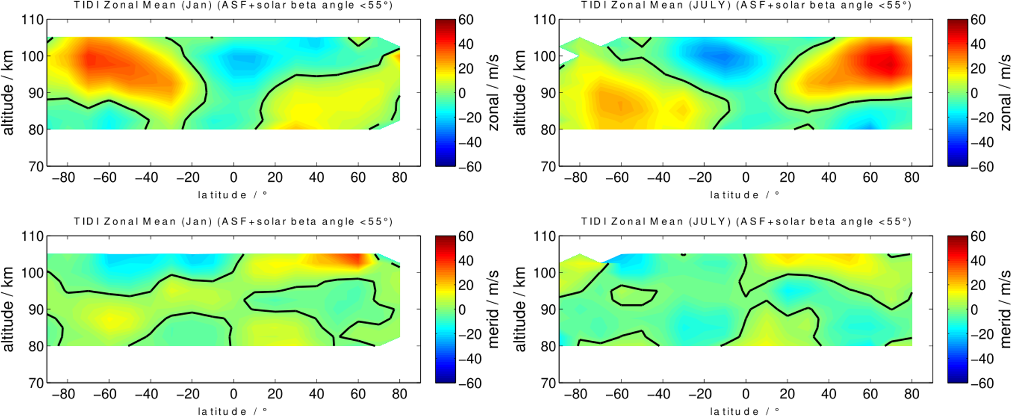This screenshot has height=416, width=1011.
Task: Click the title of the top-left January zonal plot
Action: click(x=233, y=5)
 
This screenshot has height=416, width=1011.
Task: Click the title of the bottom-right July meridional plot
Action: click(x=745, y=221)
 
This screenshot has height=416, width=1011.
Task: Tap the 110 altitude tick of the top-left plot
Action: click(x=32, y=20)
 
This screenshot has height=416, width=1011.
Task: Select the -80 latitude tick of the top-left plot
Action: click(x=63, y=178)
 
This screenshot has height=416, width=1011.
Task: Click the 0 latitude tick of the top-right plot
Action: click(x=745, y=178)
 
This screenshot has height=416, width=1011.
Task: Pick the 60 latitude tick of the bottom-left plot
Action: click(x=358, y=395)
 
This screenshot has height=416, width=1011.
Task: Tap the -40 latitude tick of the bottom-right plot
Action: click(x=658, y=395)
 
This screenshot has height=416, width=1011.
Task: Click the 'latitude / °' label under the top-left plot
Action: click(x=232, y=195)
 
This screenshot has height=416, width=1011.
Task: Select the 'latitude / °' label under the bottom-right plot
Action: click(x=744, y=411)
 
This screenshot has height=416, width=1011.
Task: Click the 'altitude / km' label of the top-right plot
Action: click(x=520, y=92)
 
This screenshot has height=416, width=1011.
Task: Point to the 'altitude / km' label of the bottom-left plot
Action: click(x=8, y=309)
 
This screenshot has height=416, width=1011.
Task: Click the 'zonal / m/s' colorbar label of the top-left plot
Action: click(x=493, y=92)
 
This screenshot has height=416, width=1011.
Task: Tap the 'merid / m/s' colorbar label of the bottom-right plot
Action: click(x=1005, y=309)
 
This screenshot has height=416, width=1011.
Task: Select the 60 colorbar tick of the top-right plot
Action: click(x=978, y=20)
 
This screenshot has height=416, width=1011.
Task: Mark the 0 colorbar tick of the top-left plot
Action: click(x=462, y=93)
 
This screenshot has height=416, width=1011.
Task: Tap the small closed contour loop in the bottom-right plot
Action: click(x=633, y=295)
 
